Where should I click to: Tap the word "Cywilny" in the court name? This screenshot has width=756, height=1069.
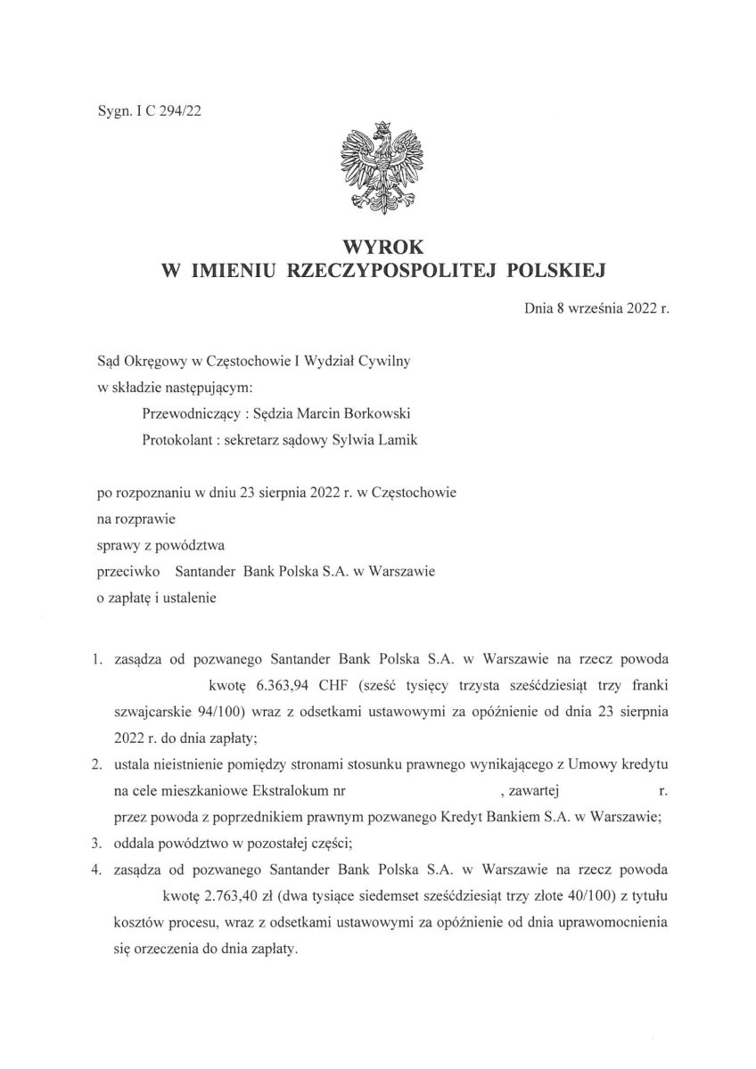click(x=384, y=363)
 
